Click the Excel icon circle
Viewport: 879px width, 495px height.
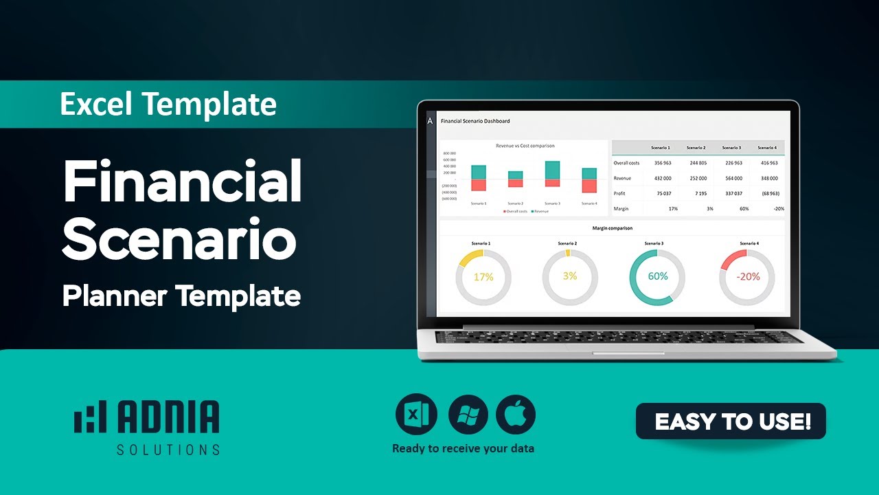[x=415, y=415]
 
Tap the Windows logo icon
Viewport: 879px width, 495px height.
[x=468, y=415]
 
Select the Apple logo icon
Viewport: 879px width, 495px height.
[x=516, y=415]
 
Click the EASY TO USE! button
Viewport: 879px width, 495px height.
[x=731, y=421]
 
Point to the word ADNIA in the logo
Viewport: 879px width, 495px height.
[x=168, y=417]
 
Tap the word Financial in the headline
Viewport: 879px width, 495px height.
[x=183, y=181]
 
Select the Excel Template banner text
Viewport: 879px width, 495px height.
[x=168, y=104]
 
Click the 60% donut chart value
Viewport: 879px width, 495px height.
[x=657, y=276]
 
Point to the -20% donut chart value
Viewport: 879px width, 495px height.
[x=747, y=276]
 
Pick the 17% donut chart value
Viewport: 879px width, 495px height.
[x=483, y=277]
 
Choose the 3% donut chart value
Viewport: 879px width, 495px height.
[x=569, y=276]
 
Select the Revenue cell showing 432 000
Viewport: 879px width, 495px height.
[x=662, y=178]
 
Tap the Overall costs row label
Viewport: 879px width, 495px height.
[x=626, y=163]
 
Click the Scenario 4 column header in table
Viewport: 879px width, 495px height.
[x=766, y=148]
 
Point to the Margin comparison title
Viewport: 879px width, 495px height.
[x=612, y=228]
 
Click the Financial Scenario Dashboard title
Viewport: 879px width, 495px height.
[x=475, y=121]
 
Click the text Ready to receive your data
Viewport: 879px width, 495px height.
[x=463, y=449]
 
